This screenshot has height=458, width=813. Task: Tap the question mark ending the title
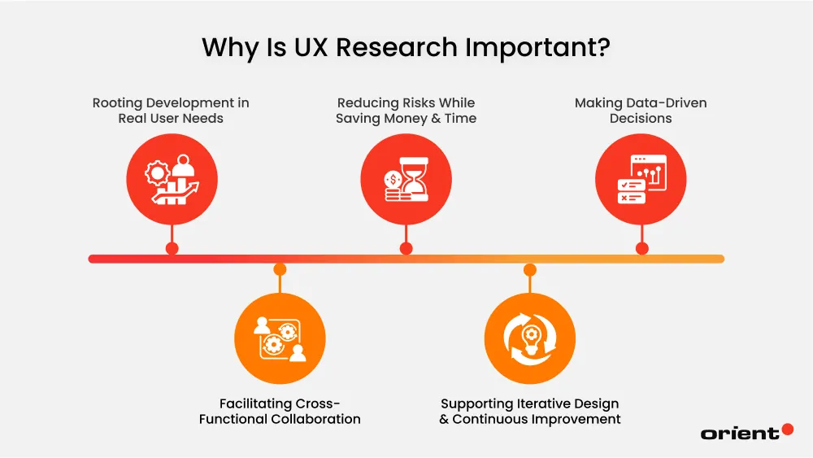point(602,48)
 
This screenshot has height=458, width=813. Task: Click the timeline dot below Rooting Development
point(172,248)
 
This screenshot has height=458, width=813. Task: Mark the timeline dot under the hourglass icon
point(406,248)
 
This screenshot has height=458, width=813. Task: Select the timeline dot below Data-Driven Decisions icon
point(641,248)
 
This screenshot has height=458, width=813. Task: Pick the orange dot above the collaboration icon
point(280,269)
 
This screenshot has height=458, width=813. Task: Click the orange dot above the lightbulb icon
point(530,269)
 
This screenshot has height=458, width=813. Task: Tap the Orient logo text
point(739,434)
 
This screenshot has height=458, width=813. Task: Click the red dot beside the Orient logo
point(787,430)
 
